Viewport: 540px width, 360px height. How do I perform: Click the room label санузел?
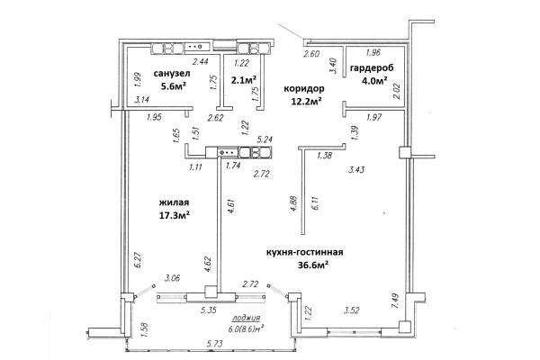tap(172, 74)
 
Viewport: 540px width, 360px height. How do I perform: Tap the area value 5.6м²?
tap(174, 85)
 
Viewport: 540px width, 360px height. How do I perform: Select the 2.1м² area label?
tap(244, 80)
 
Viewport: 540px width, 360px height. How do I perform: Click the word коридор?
tap(304, 89)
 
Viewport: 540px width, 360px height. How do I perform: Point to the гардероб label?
tap(372, 67)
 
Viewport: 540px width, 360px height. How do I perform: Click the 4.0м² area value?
tap(373, 81)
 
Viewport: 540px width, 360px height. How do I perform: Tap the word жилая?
tap(174, 202)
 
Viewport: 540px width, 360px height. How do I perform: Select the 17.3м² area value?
tap(175, 216)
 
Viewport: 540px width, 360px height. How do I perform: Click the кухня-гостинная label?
tap(305, 253)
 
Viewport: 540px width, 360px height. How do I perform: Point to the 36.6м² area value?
tap(312, 265)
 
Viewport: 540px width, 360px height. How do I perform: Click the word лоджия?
tap(246, 318)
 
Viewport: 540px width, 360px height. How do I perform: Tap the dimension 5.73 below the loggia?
tap(214, 344)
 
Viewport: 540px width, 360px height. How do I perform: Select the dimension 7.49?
tap(395, 301)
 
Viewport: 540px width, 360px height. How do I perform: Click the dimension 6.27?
tap(138, 260)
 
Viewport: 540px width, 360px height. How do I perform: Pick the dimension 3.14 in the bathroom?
tap(141, 100)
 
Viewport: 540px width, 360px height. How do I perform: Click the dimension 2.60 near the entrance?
tap(311, 54)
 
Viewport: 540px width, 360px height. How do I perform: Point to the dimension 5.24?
tap(265, 139)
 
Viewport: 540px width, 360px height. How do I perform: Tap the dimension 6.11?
tap(315, 202)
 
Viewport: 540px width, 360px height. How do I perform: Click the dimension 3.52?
tap(352, 310)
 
